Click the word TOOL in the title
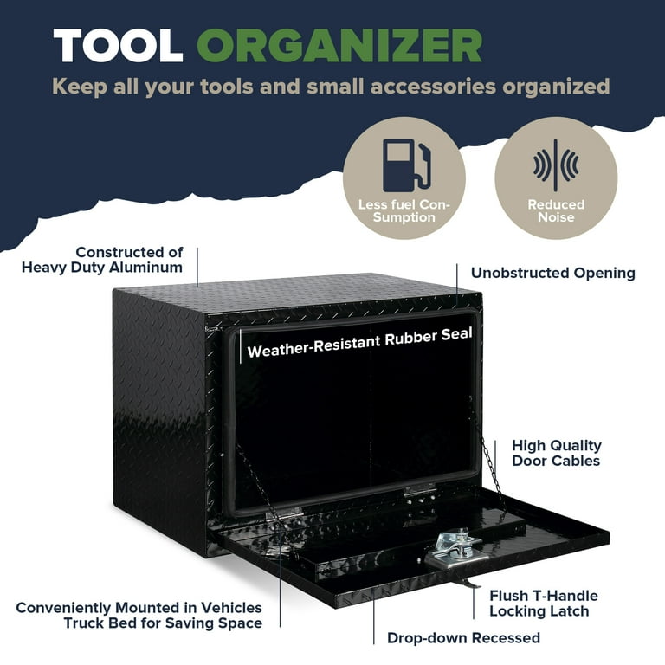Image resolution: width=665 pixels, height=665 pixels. tap(118, 46)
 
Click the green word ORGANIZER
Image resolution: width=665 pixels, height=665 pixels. tap(339, 46)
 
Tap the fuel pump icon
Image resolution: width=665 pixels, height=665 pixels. tap(406, 165)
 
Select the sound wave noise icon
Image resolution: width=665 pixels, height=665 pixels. tap(556, 165)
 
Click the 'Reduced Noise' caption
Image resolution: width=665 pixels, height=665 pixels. tap(556, 210)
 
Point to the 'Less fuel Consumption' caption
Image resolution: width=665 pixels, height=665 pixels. tap(404, 210)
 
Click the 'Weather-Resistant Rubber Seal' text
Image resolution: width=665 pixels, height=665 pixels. tap(359, 343)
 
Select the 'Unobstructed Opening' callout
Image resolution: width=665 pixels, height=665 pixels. tap(553, 273)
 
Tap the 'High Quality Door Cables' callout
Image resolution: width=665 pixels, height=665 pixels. tap(557, 453)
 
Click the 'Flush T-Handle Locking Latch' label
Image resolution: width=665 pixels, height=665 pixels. tap(544, 603)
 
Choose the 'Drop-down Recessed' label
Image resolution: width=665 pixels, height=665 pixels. tap(463, 638)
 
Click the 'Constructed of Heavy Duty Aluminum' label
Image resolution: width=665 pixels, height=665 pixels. tap(102, 260)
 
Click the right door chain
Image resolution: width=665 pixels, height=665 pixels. tap(487, 458)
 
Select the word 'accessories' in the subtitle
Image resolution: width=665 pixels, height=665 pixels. tap(433, 86)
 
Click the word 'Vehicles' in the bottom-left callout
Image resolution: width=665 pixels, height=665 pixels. tap(231, 608)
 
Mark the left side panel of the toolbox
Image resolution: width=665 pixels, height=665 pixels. tap(160, 420)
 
